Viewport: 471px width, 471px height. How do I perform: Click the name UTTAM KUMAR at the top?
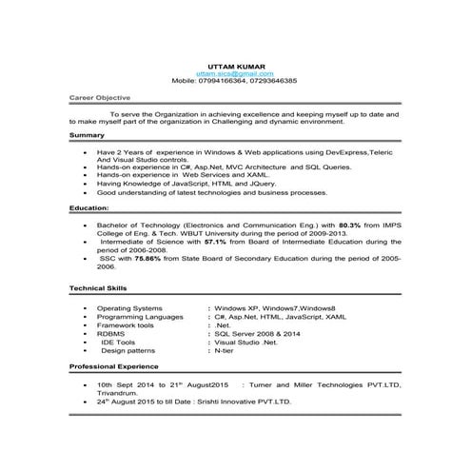234,66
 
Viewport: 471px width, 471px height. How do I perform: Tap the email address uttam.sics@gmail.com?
234,73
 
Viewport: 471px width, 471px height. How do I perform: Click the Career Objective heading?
100,97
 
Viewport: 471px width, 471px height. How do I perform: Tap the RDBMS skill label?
111,334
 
